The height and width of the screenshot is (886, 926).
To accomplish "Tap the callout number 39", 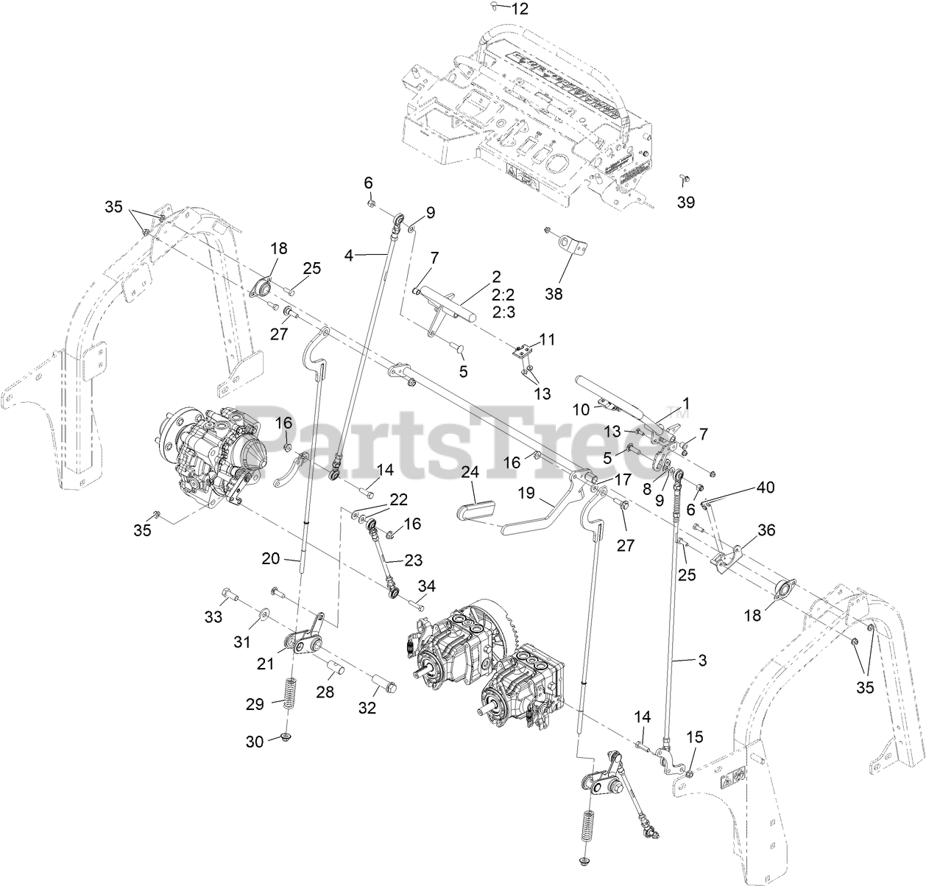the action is point(686,203).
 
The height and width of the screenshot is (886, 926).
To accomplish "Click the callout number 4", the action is point(349,256).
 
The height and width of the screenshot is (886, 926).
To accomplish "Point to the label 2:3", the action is point(503,312).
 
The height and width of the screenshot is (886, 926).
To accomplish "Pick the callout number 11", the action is point(547,340).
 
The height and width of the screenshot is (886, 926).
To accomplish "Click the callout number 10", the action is point(581,409).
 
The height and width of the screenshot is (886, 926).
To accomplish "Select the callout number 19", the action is point(526,493).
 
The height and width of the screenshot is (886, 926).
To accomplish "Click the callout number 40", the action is point(765,487).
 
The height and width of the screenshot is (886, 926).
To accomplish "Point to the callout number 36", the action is point(766,530).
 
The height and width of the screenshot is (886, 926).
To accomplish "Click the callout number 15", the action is point(695,737).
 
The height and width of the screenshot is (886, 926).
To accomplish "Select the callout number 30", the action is point(255,742).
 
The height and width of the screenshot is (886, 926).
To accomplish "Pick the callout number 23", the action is point(412,560).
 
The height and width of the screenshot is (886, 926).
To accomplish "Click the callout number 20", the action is point(271,558).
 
